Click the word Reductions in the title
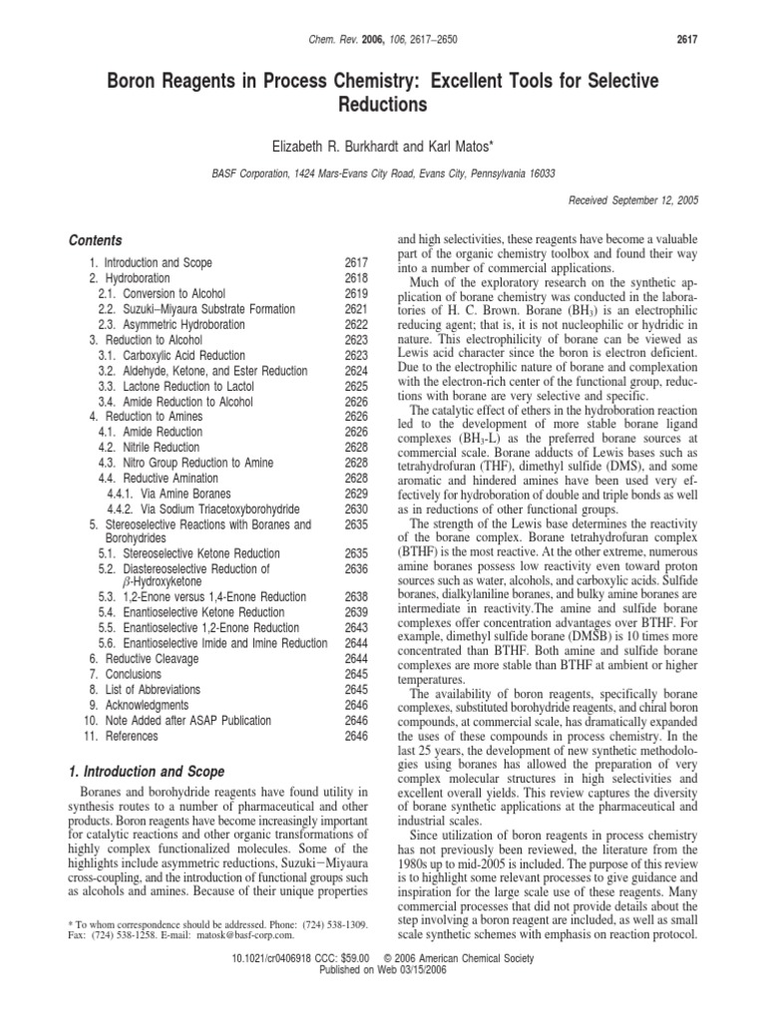click(383, 105)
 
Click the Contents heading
click(95, 240)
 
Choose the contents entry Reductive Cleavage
click(147, 660)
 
